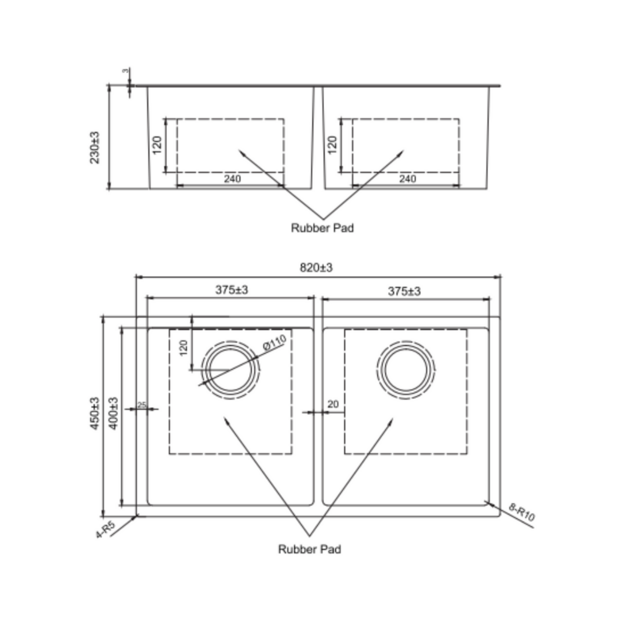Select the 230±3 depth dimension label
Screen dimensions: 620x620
click(x=95, y=148)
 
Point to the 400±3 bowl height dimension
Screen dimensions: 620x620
click(x=113, y=413)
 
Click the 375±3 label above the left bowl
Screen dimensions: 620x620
click(x=231, y=290)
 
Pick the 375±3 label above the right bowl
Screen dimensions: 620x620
click(x=404, y=292)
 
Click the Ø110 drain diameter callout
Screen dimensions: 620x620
click(x=274, y=345)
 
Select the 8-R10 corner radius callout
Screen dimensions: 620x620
click(x=521, y=512)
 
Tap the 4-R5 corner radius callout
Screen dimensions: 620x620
click(x=106, y=529)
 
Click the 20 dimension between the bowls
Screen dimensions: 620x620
click(x=333, y=404)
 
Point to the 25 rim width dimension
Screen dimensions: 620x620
click(x=142, y=405)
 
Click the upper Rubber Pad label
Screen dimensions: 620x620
click(x=322, y=228)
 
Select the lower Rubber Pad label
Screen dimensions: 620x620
click(x=309, y=549)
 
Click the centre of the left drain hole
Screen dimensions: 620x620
click(x=230, y=370)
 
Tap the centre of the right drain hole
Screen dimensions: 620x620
click(x=406, y=370)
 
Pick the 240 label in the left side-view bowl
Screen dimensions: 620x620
click(x=232, y=179)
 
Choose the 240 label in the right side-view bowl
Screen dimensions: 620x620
click(x=407, y=179)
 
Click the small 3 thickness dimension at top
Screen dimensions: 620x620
click(x=125, y=71)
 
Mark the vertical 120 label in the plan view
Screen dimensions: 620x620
click(x=184, y=347)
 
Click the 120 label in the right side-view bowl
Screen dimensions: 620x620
click(x=332, y=145)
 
